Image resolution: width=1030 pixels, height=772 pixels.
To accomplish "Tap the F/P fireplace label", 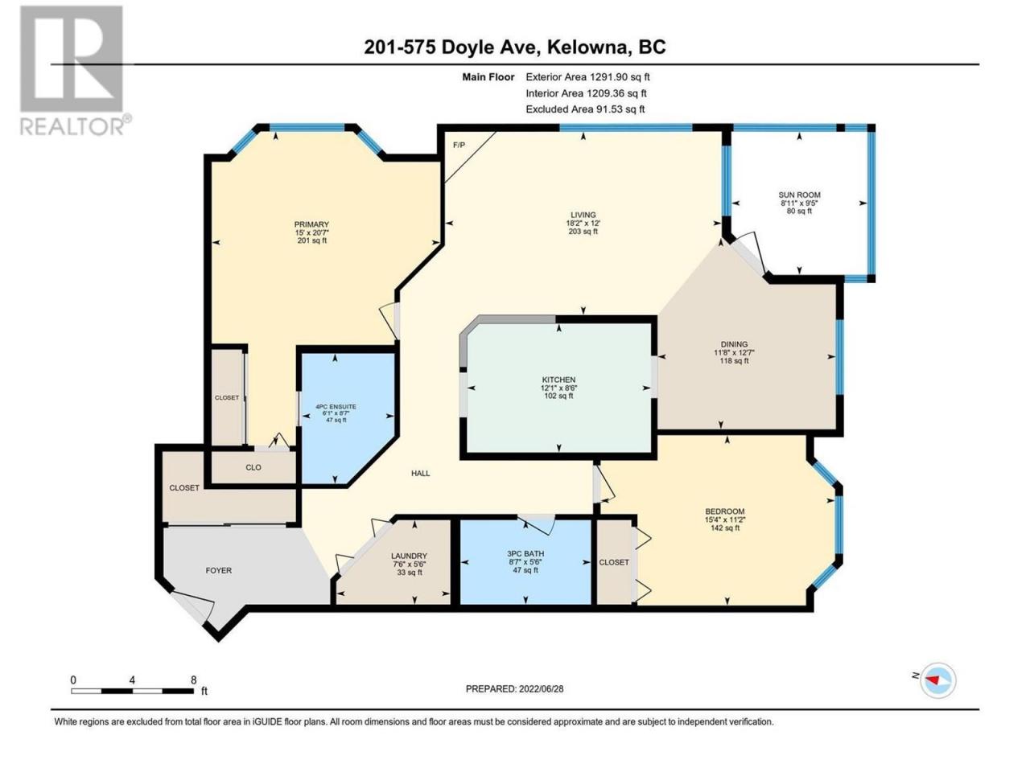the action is pyautogui.click(x=459, y=146).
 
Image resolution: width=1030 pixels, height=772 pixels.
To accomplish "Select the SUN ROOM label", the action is pyautogui.click(x=799, y=195).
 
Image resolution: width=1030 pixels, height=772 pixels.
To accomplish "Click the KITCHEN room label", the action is pyautogui.click(x=558, y=380).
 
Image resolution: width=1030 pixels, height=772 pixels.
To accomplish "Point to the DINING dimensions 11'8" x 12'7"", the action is pyautogui.click(x=734, y=352).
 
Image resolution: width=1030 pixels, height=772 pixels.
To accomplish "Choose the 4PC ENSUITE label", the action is pyautogui.click(x=336, y=406).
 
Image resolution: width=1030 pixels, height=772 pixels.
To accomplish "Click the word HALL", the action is pyautogui.click(x=420, y=473).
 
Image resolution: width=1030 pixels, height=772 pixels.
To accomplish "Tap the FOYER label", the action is pyautogui.click(x=218, y=570).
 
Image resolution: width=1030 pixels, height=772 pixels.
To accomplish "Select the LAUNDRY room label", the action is pyautogui.click(x=409, y=556).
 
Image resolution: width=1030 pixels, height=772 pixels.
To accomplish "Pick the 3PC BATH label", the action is pyautogui.click(x=525, y=552).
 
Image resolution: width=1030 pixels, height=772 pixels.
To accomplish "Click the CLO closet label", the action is pyautogui.click(x=253, y=467).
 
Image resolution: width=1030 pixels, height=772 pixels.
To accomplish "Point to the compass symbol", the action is pyautogui.click(x=937, y=680).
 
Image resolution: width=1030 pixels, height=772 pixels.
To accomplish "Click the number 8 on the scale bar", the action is pyautogui.click(x=193, y=680).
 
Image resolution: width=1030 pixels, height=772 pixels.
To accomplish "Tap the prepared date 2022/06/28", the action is pyautogui.click(x=541, y=689).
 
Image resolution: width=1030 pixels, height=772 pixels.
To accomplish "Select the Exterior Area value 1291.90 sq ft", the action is pyautogui.click(x=620, y=77).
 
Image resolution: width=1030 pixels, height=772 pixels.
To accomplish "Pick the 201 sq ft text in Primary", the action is pyautogui.click(x=311, y=240).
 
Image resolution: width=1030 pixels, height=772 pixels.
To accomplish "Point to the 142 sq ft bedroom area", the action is pyautogui.click(x=724, y=528).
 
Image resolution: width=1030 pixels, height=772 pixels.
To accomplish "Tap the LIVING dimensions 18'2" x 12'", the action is pyautogui.click(x=583, y=224).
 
